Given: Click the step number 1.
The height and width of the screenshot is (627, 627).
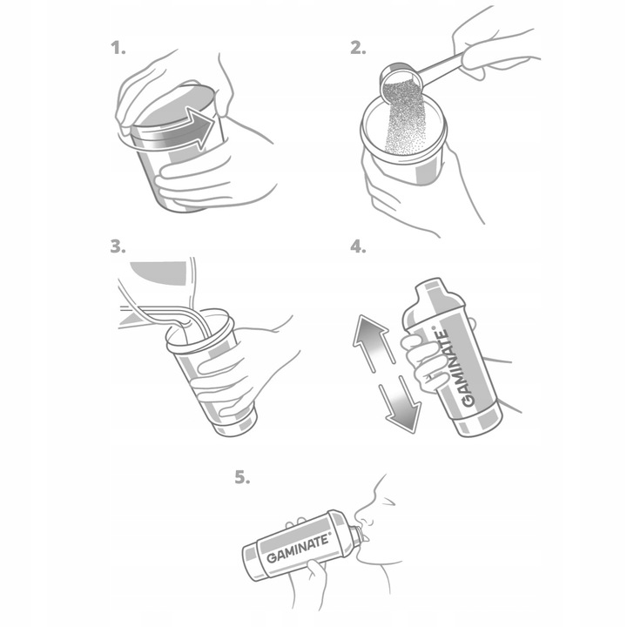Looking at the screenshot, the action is (118, 49).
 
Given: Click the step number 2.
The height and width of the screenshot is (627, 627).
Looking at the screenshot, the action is (358, 49).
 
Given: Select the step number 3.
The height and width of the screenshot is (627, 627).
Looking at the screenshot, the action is (118, 246).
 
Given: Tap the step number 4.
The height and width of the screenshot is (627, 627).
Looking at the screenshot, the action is (358, 246).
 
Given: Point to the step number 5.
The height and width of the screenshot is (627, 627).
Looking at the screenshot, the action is (242, 477).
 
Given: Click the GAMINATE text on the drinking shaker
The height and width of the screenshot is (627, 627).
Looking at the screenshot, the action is (298, 548).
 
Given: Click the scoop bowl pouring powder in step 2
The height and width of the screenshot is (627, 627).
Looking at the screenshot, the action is (400, 82).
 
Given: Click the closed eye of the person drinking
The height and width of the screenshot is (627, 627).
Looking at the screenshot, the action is (387, 502).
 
